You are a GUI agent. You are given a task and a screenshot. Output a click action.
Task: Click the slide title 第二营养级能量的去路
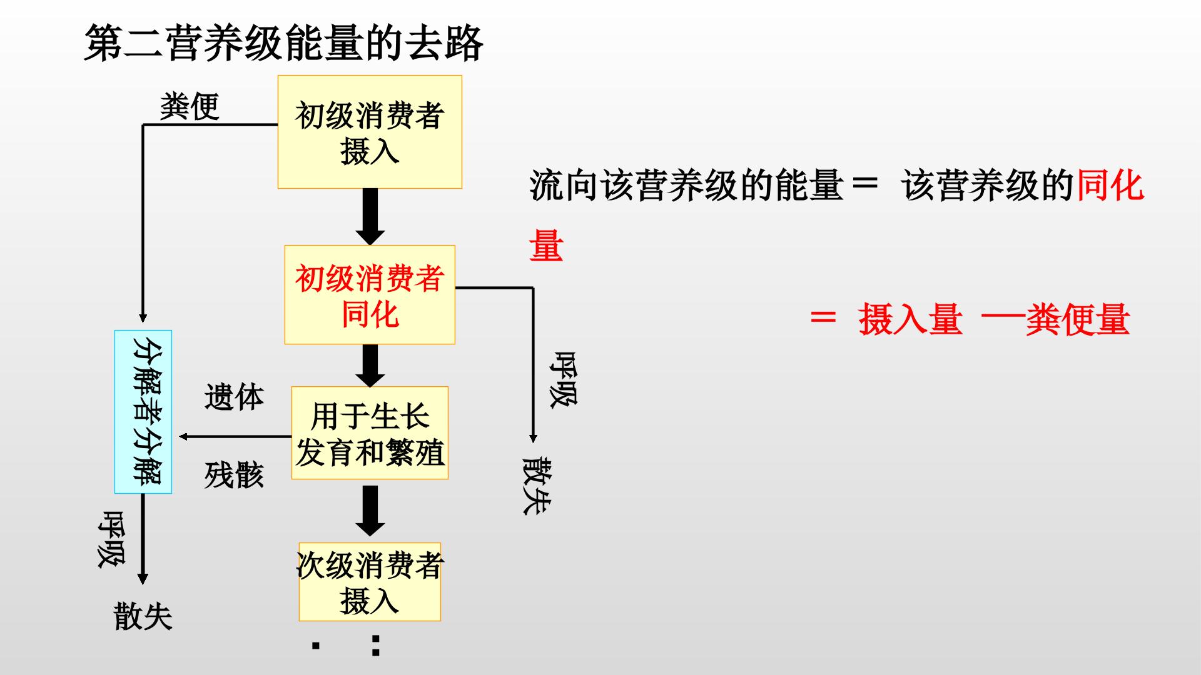click(283, 43)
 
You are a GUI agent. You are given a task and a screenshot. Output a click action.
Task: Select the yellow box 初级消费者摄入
click(370, 132)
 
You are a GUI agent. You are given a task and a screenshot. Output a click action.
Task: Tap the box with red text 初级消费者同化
click(370, 294)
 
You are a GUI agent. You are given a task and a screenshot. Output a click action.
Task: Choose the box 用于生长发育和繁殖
click(370, 433)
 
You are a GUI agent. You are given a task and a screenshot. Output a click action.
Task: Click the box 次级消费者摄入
click(370, 582)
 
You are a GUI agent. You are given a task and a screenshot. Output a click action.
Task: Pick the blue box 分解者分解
click(143, 412)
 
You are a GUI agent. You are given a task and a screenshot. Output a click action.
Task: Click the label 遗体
click(234, 397)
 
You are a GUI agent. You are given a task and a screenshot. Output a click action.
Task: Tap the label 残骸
click(234, 475)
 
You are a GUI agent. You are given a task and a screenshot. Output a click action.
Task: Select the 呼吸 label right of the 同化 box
click(563, 379)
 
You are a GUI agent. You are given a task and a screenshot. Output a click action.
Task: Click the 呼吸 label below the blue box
click(111, 539)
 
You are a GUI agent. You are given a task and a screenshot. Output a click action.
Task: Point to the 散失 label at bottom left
click(143, 616)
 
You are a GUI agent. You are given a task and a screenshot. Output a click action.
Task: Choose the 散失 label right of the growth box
click(537, 486)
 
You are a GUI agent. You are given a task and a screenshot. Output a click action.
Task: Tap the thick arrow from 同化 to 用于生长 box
click(370, 366)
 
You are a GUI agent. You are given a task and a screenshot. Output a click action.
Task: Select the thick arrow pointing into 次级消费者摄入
click(370, 511)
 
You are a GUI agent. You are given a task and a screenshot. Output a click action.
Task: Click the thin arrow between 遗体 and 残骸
click(235, 436)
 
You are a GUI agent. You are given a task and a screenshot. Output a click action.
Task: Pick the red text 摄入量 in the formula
click(910, 319)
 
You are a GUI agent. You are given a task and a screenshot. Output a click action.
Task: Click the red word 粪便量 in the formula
click(1077, 319)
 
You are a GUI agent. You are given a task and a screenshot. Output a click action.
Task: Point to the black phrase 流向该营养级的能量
click(687, 186)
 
